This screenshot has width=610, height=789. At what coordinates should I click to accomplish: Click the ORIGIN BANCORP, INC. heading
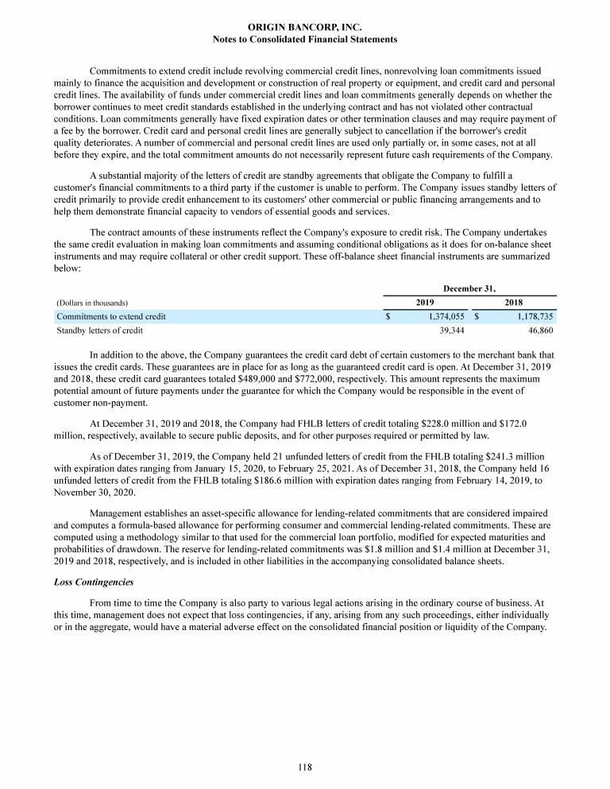pyautogui.click(x=305, y=27)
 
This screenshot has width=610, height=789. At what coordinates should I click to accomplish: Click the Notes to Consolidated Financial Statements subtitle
pyautogui.click(x=305, y=39)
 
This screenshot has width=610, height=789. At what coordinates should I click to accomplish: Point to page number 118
pyautogui.click(x=305, y=768)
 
